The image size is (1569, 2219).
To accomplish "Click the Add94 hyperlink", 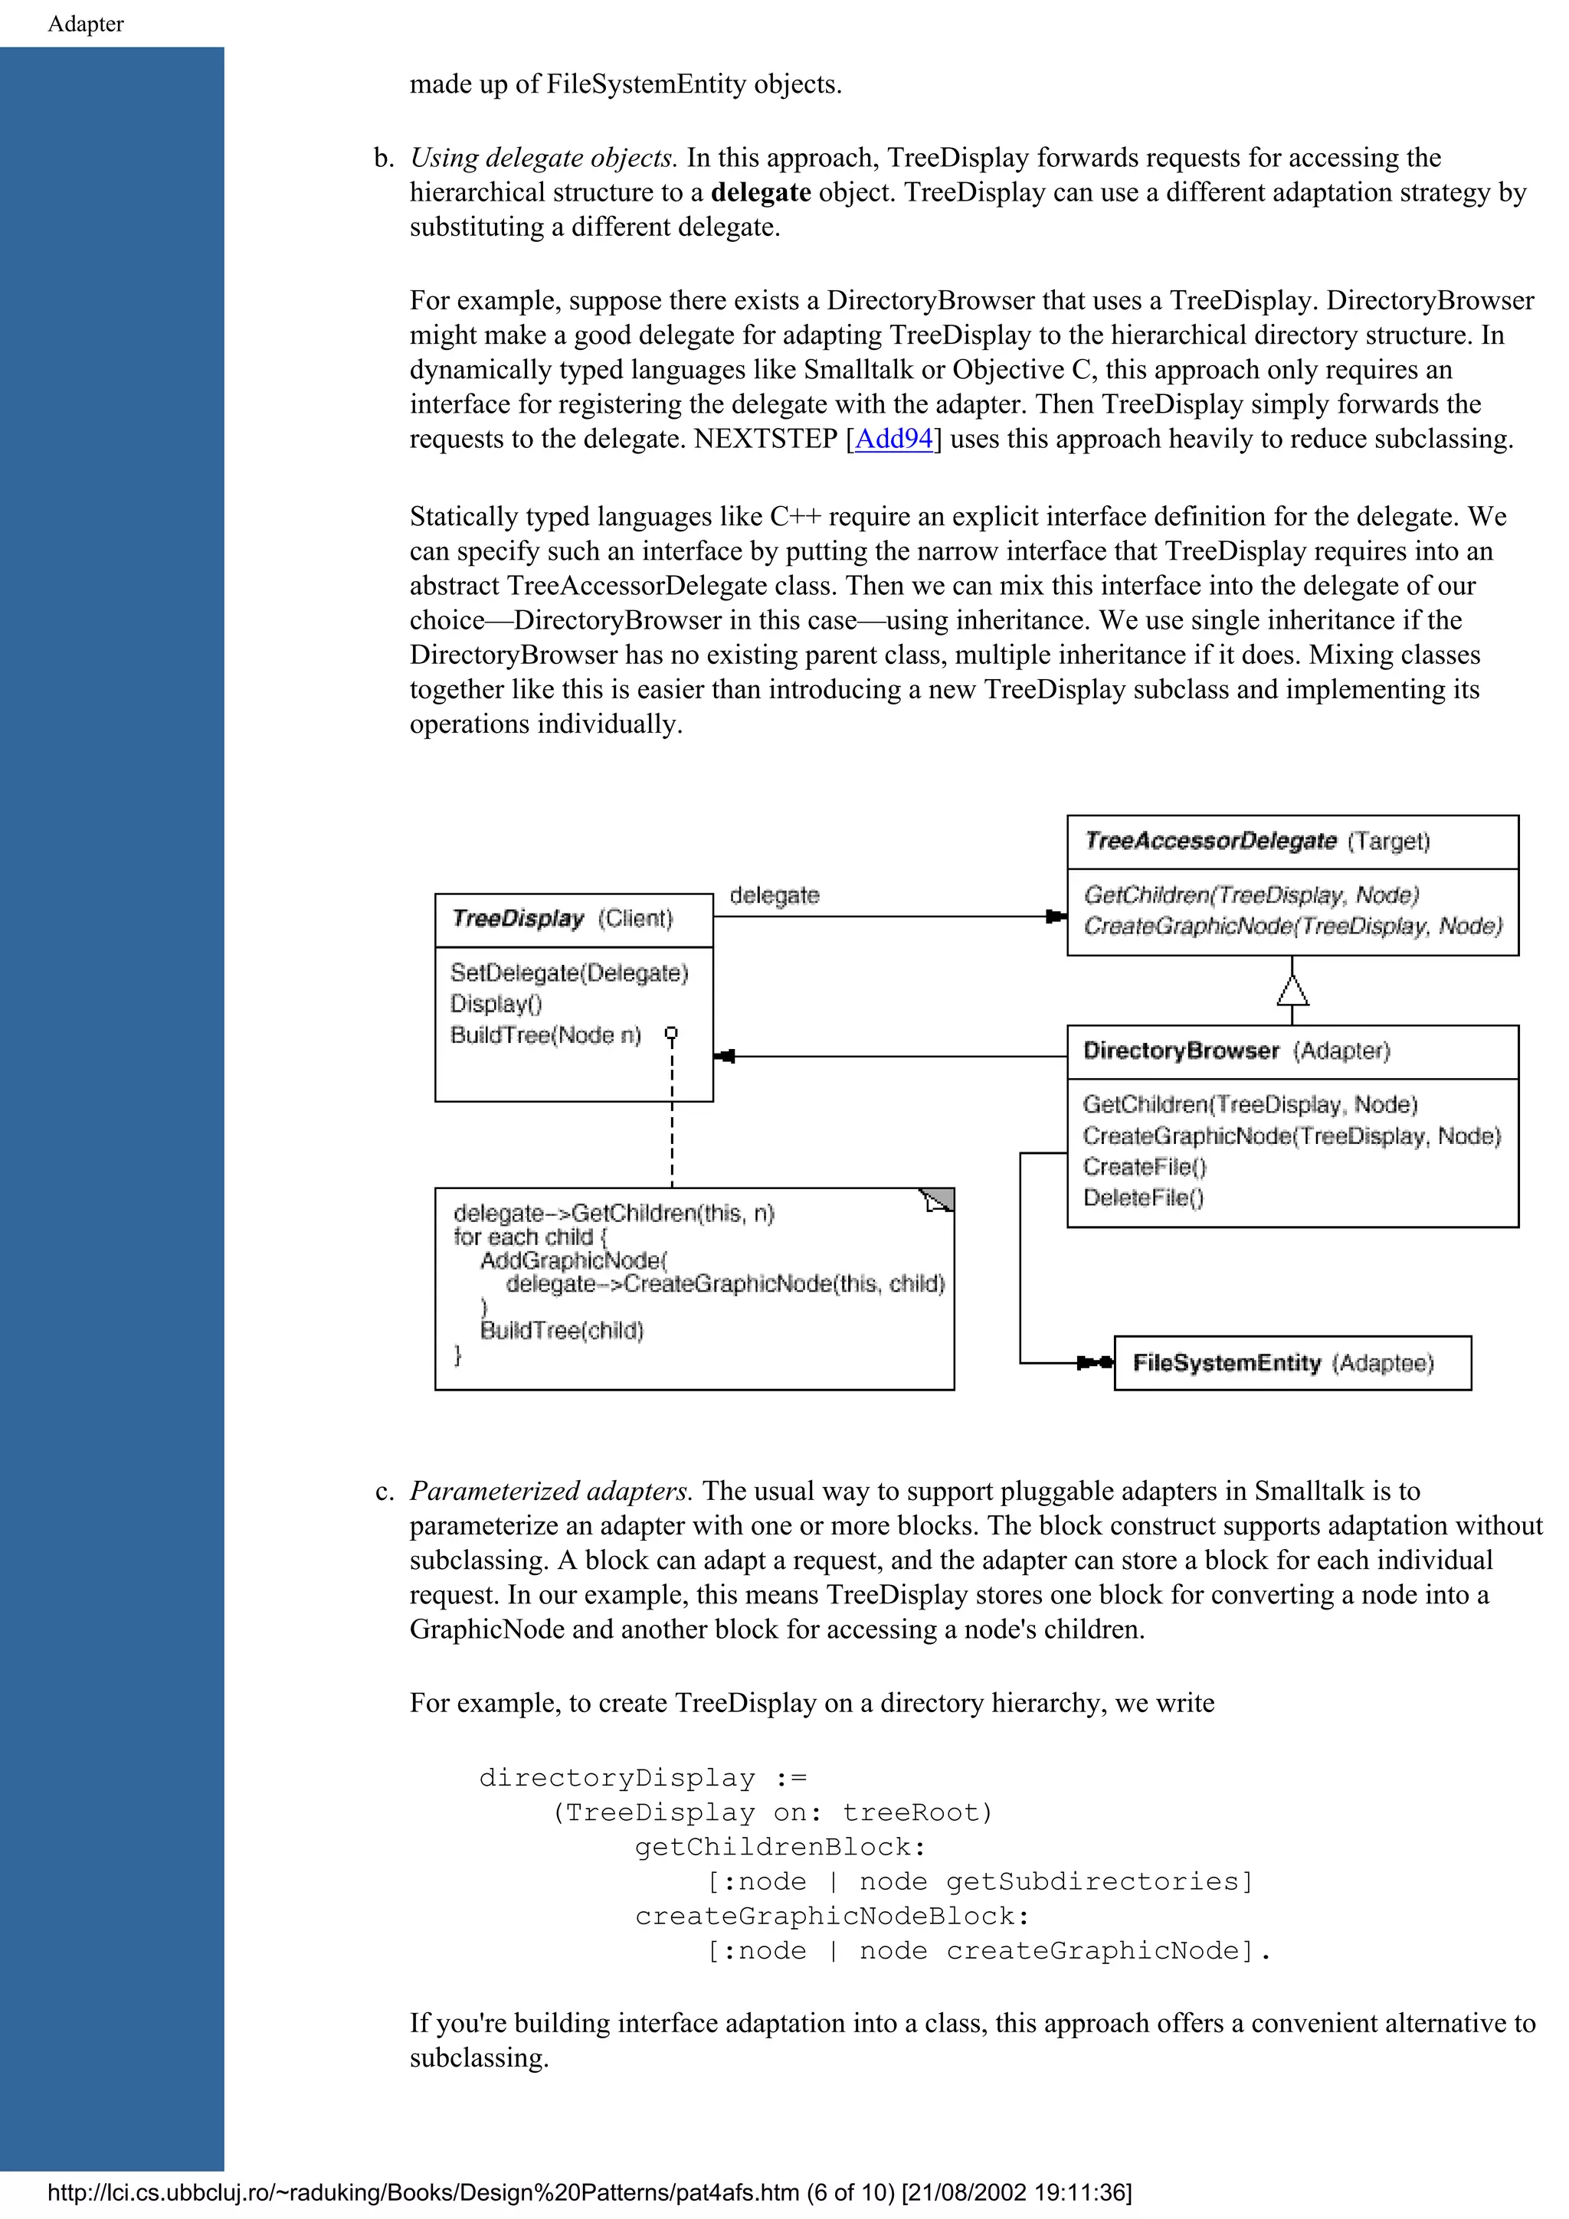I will (894, 439).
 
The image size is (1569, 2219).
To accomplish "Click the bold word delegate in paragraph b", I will (760, 192).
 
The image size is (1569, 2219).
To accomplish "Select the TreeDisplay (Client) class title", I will (562, 918).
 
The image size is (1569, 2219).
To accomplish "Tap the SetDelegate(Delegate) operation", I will (569, 972).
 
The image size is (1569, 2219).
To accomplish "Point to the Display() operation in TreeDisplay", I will (496, 1003).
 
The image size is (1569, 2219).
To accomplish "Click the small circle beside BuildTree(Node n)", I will (672, 1033).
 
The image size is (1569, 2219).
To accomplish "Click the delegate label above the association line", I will (775, 895).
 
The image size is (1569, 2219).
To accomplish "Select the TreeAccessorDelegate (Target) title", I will (1256, 841).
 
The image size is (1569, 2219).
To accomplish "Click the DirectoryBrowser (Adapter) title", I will (1236, 1051).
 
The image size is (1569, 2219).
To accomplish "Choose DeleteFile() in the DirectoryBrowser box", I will (1143, 1198).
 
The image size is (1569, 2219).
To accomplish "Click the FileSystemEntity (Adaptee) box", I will (1292, 1363).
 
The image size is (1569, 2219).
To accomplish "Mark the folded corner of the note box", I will (938, 1199).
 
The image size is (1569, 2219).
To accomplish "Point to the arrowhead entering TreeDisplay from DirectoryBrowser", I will (724, 1057).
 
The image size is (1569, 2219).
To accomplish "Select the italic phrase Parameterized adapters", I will (551, 1492).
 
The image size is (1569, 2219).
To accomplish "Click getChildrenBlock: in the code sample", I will (780, 1847).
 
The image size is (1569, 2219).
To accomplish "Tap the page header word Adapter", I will (86, 25).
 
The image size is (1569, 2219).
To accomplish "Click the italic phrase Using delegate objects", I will (543, 158).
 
